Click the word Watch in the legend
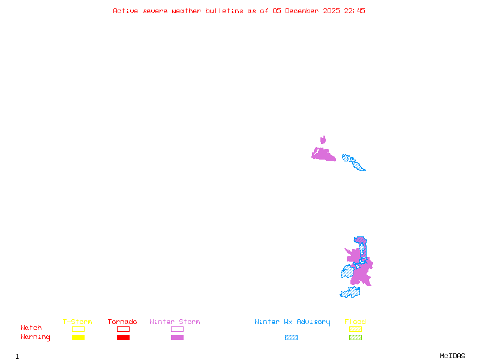31,328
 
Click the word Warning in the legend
35,337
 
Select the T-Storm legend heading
77,322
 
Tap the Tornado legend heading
122,322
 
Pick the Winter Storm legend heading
175,322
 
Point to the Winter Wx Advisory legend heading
292,322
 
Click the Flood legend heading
355,322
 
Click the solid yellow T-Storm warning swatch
78,338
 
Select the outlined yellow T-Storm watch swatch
78,329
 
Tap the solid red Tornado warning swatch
123,338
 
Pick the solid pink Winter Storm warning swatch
177,338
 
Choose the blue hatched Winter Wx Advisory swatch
291,338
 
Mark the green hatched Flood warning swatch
355,338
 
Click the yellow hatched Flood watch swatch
355,329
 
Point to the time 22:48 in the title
353,11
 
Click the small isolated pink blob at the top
323,140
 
